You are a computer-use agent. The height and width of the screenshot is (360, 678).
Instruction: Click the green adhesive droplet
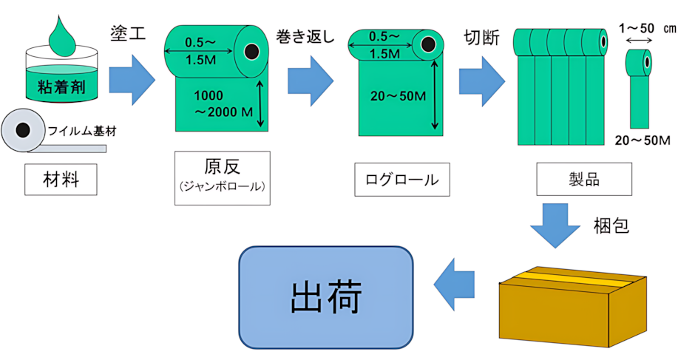(62, 38)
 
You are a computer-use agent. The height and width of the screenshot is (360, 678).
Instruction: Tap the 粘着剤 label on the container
(62, 87)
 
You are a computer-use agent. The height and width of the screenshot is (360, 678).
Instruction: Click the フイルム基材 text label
(82, 131)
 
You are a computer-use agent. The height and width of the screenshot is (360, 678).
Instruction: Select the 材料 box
(61, 180)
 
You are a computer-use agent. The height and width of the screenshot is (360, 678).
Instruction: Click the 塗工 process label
(128, 34)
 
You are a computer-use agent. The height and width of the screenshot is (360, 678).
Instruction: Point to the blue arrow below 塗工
(132, 80)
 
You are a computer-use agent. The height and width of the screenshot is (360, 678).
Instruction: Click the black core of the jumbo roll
(251, 52)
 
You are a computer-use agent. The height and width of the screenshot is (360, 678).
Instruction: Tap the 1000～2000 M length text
(223, 103)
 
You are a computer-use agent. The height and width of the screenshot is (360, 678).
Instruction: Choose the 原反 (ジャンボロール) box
(223, 177)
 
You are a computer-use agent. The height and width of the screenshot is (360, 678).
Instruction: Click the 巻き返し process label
(305, 37)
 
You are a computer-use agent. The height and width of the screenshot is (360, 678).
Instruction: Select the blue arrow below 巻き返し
(311, 81)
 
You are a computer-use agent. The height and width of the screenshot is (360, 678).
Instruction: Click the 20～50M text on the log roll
(398, 96)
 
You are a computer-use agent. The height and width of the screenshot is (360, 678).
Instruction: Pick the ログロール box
(402, 180)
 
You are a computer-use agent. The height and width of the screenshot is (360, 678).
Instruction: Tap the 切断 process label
(481, 38)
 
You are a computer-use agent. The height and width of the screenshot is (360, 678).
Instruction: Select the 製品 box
(584, 179)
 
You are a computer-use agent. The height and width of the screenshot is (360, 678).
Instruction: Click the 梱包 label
(611, 225)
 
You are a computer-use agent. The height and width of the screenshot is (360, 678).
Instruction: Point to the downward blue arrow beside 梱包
(555, 225)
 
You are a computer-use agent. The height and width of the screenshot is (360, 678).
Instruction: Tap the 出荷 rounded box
(326, 297)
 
